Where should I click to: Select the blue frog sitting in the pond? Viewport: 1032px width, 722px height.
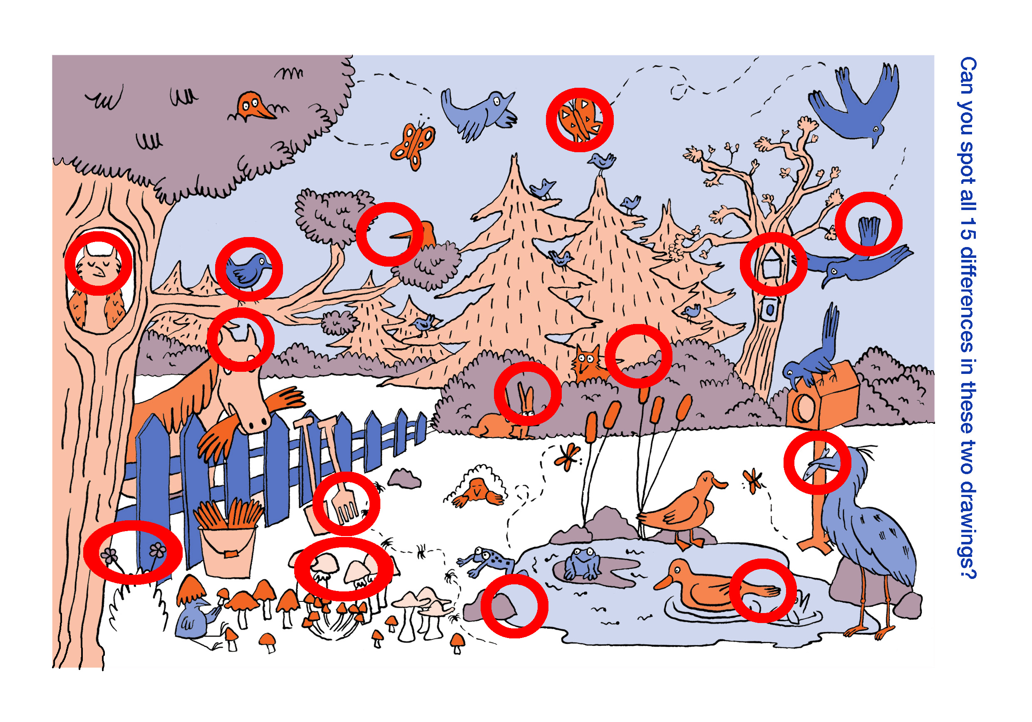pyautogui.click(x=583, y=564)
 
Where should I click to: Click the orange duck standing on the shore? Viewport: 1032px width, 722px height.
pyautogui.click(x=680, y=510)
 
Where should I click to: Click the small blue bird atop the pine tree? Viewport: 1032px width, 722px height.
pyautogui.click(x=602, y=162)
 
